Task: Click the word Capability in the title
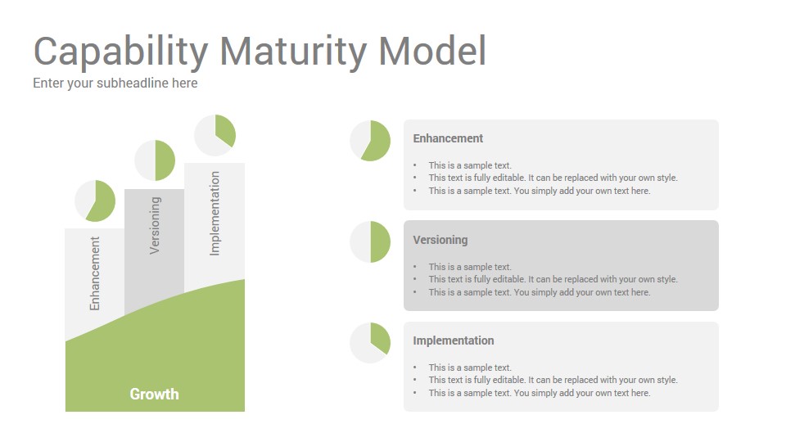pos(120,52)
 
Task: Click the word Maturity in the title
pos(293,52)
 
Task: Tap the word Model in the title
pos(432,50)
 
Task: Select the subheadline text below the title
pos(115,83)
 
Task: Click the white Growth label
pos(155,395)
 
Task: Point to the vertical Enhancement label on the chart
pos(95,273)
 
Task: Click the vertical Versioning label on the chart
pos(155,226)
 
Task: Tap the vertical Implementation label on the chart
pos(215,214)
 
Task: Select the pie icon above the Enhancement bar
pos(95,201)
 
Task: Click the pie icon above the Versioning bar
pos(155,160)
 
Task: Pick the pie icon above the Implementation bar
pos(215,135)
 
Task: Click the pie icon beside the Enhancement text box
pos(370,141)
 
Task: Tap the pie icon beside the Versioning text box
pos(370,241)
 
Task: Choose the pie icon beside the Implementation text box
pos(370,343)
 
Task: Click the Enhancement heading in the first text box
pos(448,138)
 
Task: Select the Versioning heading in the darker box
pos(440,240)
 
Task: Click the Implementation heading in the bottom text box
pos(453,341)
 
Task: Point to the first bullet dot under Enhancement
pos(415,165)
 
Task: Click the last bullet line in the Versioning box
pos(539,292)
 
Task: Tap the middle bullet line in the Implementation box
pos(553,380)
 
